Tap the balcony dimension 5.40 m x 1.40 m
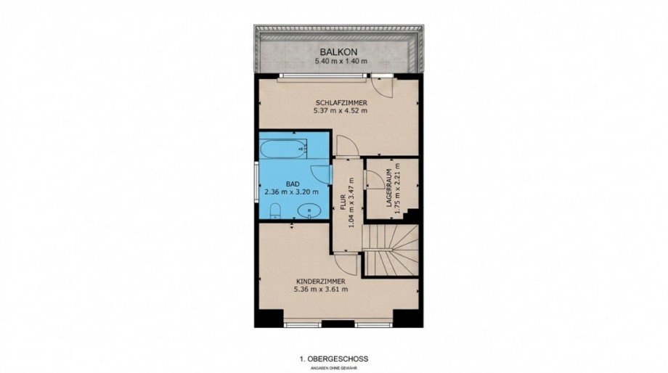[x=341, y=61]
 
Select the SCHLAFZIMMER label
[x=341, y=103]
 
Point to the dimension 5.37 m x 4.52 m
[x=341, y=111]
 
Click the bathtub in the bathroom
[x=283, y=149]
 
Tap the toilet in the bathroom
[x=276, y=210]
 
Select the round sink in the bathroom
[x=307, y=210]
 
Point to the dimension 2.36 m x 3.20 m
[x=291, y=192]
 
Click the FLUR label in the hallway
[x=343, y=203]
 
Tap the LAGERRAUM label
[x=389, y=188]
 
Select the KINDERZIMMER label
[x=320, y=282]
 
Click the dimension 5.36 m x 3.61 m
[x=321, y=289]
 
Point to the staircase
[x=390, y=250]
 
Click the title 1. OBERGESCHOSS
[x=334, y=359]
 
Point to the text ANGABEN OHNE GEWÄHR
[x=333, y=367]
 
